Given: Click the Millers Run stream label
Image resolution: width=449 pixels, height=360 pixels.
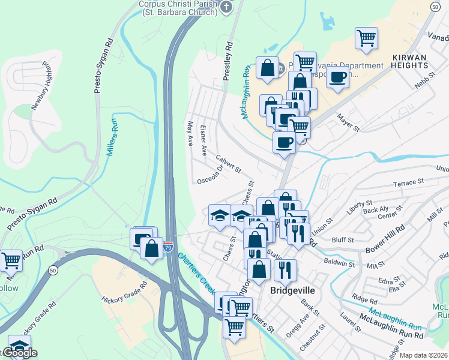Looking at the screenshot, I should click(x=113, y=137).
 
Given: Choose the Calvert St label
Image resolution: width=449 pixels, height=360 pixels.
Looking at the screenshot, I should click(x=229, y=161).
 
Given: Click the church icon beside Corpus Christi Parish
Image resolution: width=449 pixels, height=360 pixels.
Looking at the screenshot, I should click(x=226, y=7).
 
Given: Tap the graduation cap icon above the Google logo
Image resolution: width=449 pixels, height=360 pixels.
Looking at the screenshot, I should click(x=19, y=347).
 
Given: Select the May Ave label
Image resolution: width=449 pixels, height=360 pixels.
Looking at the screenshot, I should click(x=190, y=133).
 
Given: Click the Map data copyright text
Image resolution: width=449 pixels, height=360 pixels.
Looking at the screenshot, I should click(x=423, y=355).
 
